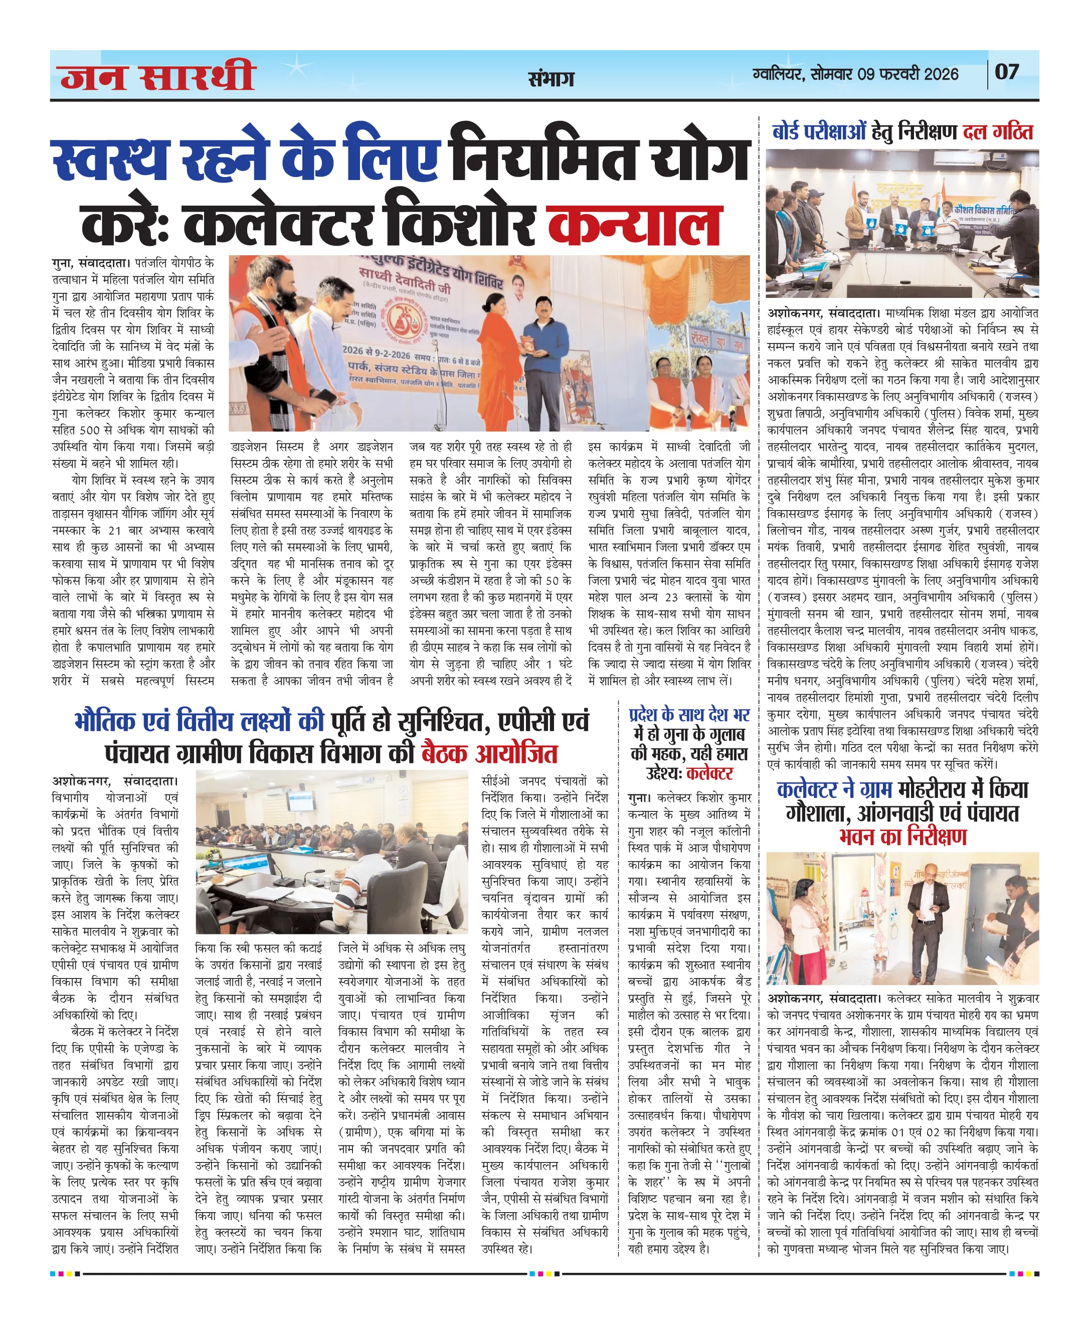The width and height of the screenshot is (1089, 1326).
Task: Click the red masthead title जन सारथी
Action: click(157, 77)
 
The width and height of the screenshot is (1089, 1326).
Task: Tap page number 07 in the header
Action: click(1006, 72)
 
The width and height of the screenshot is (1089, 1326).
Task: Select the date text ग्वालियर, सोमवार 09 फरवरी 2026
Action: click(856, 74)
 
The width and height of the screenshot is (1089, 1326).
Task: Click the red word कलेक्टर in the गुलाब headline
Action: click(709, 773)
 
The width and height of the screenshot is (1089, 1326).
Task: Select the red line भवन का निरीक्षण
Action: click(902, 837)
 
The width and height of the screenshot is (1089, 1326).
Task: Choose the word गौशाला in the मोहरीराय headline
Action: click(817, 813)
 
